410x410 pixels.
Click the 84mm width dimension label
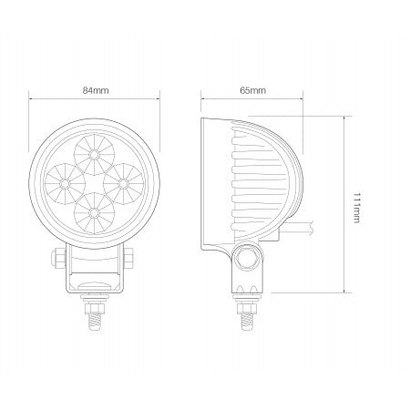coord(96,91)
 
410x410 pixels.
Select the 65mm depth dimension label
coord(252,91)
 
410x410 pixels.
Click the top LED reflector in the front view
coord(94,143)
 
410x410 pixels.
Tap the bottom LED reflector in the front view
coord(94,212)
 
